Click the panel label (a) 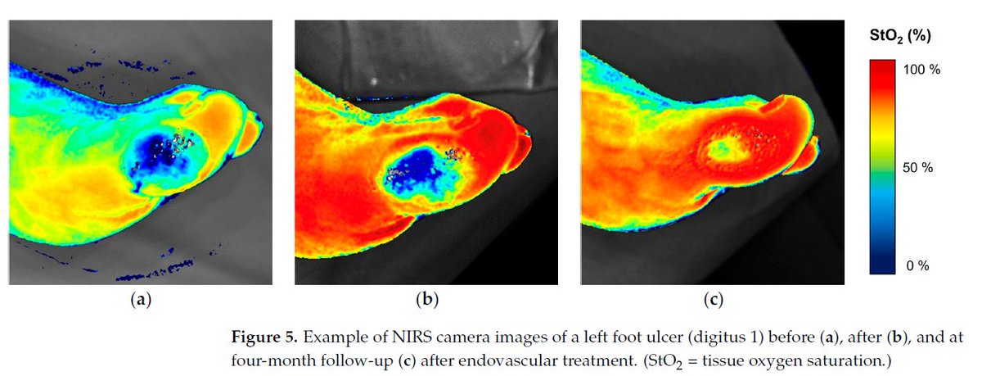point(142,301)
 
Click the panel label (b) point(427,301)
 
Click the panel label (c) point(712,301)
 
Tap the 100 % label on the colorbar point(922,70)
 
